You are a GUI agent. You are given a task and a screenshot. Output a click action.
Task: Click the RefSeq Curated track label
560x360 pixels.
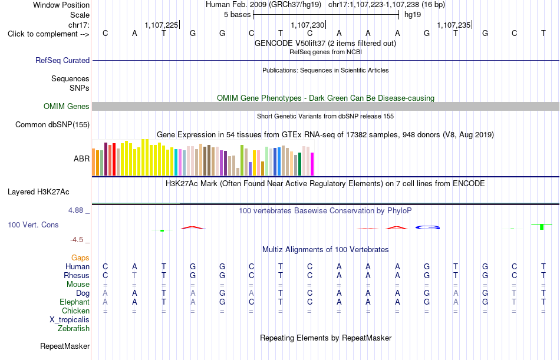click(x=62, y=60)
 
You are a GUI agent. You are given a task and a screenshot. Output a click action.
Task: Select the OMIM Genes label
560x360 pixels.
click(x=67, y=107)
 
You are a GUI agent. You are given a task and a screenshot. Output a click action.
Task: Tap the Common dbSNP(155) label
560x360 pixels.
click(x=52, y=125)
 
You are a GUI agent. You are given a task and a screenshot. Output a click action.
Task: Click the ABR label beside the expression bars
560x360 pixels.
click(x=81, y=158)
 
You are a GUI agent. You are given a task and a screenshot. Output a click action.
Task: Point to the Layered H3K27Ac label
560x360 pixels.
click(x=38, y=192)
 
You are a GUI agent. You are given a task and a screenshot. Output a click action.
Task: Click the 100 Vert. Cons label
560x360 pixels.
click(x=33, y=225)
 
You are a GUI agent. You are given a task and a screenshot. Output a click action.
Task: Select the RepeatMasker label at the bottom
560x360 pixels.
click(x=65, y=346)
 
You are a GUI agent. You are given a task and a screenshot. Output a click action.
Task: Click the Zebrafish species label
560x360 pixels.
click(x=74, y=329)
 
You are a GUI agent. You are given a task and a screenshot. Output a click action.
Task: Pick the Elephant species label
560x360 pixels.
click(x=74, y=302)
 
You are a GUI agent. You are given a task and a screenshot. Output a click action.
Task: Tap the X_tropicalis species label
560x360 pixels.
click(x=70, y=320)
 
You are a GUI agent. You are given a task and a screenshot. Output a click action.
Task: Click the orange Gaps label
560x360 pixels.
click(x=80, y=258)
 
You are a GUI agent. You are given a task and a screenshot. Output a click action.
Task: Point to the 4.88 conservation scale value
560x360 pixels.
click(x=75, y=210)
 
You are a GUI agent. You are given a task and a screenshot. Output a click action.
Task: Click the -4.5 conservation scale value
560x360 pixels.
click(x=77, y=240)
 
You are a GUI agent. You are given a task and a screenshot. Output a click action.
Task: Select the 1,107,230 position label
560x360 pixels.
click(x=308, y=25)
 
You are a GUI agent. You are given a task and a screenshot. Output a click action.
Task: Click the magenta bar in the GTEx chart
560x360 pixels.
click(x=312, y=164)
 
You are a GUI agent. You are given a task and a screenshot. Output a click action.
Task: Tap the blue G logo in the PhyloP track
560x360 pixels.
click(x=427, y=227)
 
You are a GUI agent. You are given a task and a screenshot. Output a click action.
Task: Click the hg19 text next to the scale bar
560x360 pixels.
click(x=413, y=15)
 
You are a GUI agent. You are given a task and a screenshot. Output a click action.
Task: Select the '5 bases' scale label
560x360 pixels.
click(x=237, y=15)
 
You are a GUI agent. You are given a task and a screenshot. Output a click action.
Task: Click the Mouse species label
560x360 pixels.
click(x=78, y=285)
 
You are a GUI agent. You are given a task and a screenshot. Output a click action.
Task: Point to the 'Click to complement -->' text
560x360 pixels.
click(x=48, y=34)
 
